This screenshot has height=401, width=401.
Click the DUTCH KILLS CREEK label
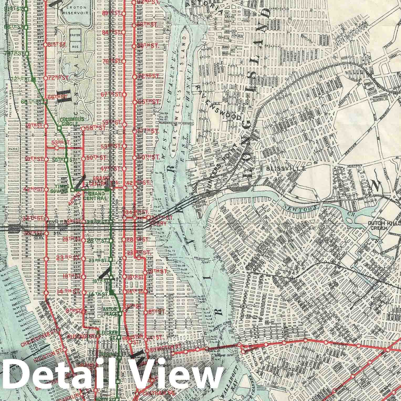coord(383,226)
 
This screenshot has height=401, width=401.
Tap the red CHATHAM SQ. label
coord(155,393)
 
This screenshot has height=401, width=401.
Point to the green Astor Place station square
coord(120,314)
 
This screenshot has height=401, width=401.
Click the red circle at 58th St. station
coord(83,129)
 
